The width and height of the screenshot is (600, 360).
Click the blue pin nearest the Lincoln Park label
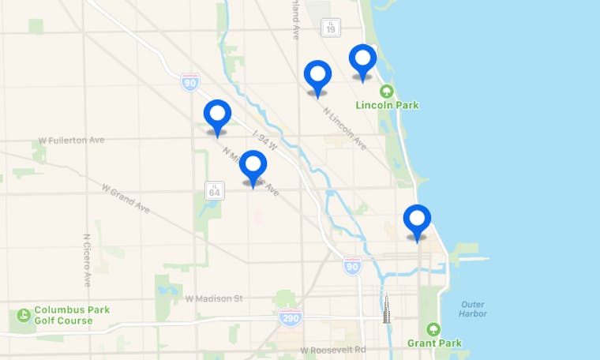pos(362,59)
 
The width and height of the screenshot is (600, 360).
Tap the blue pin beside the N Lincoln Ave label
pos(317,75)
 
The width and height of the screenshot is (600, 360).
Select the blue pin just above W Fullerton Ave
pos(217,115)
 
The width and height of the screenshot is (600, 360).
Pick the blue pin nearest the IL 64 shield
pos(253,165)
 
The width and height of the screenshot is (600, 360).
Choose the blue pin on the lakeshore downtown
pos(417,219)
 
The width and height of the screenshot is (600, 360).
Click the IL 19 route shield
pos(331,28)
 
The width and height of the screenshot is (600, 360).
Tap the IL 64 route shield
pos(214,189)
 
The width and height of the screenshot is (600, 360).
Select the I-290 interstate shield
pos(290,317)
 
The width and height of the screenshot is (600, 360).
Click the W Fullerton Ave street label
pos(71,141)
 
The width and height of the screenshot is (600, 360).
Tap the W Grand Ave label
pos(126,197)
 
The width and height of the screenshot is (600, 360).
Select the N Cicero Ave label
pos(87,260)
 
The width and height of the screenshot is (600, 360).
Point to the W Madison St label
pos(214,298)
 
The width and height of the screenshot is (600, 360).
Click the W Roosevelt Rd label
pos(332,350)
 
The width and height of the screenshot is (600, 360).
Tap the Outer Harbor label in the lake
pos(472,309)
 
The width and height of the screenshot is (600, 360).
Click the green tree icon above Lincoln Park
pos(386,91)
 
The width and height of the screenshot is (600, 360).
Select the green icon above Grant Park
pos(433,329)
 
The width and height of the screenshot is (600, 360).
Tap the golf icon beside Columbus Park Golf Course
pos(23,316)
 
